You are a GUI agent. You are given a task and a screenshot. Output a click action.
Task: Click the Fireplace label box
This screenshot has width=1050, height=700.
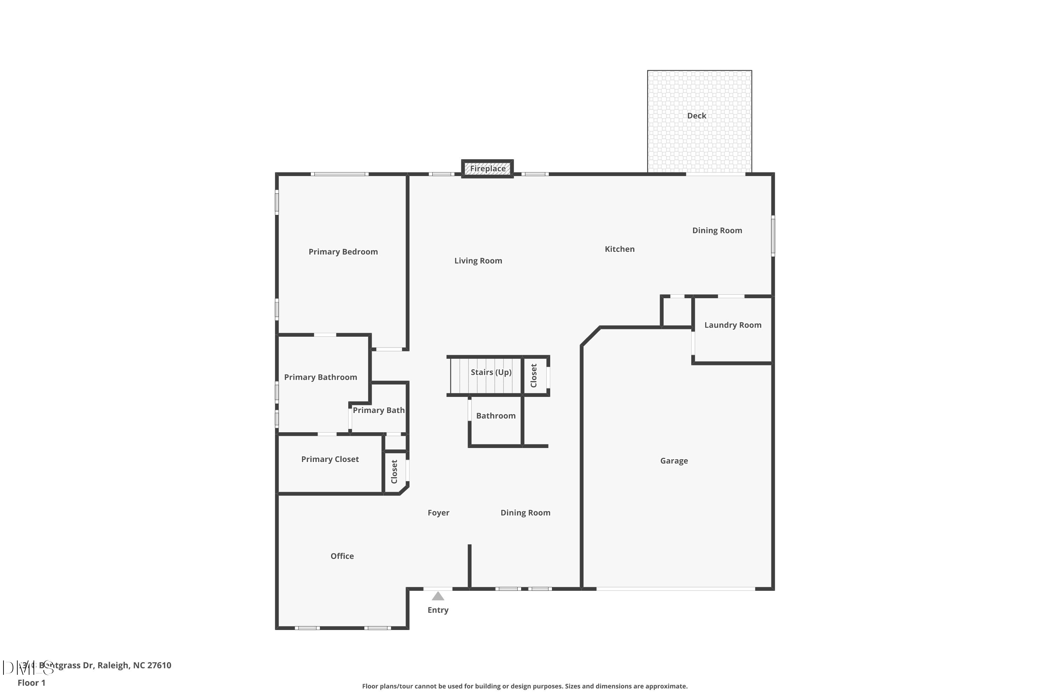[488, 169]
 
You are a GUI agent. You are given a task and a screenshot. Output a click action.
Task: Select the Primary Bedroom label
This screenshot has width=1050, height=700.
[343, 252]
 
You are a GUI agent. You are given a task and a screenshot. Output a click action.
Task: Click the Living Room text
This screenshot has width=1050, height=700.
[478, 261]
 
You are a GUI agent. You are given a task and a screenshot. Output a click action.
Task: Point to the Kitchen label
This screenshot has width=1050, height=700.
[619, 249]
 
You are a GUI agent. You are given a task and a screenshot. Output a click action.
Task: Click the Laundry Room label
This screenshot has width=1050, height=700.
[733, 325]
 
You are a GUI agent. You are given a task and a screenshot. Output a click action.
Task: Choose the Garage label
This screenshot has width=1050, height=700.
[674, 461]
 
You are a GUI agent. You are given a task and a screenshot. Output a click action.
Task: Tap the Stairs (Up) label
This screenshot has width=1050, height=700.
[491, 372]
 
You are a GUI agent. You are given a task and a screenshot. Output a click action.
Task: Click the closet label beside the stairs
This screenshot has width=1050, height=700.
[533, 376]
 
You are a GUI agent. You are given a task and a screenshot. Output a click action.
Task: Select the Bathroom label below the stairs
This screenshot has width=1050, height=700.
[496, 416]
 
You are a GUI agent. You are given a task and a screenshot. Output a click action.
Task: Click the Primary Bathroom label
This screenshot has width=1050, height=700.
[320, 377]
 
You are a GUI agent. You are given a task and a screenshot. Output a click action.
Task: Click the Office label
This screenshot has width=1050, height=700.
[342, 556]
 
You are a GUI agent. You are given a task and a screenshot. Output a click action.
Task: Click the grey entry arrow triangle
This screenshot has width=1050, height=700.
[438, 596]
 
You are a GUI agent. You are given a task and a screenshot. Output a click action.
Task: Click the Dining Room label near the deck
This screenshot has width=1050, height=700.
[717, 230]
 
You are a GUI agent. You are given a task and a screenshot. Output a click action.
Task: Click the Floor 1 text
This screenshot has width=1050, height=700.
[31, 682]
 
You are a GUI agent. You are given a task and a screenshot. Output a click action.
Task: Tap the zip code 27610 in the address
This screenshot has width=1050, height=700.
[159, 665]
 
